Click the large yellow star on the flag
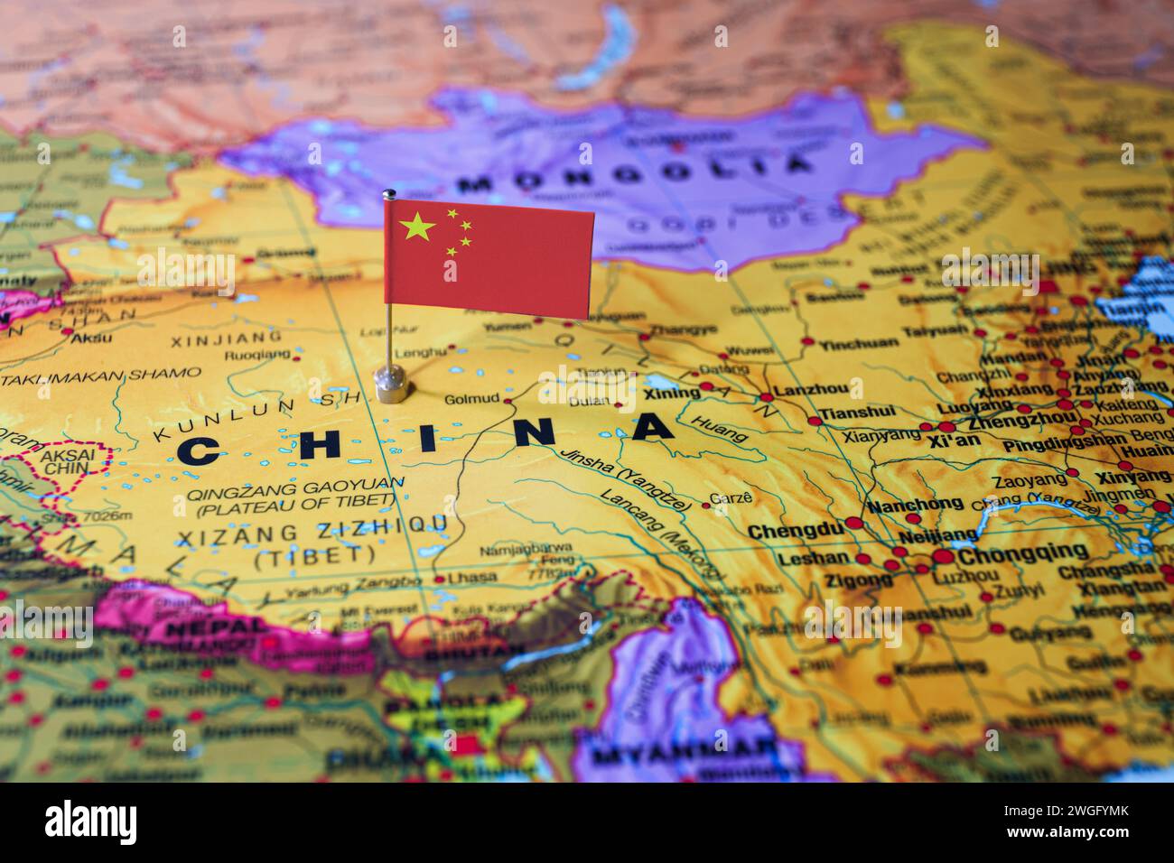tap(417, 227)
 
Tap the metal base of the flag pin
tap(392, 385)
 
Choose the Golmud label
tap(471, 399)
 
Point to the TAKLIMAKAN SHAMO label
tap(101, 373)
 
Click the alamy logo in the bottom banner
tap(91, 822)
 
